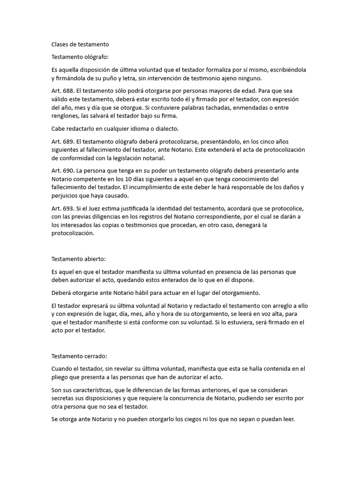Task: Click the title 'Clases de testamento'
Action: tap(80, 45)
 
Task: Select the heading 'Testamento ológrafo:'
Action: tap(80, 57)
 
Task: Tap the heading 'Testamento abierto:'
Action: tap(78, 259)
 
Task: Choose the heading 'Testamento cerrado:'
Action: tap(79, 356)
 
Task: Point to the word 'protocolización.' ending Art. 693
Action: tap(73, 233)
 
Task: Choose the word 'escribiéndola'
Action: tap(286, 70)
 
